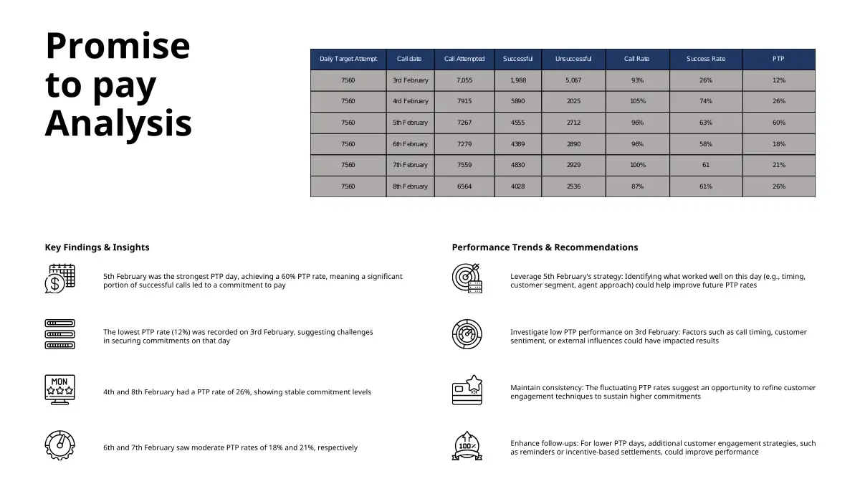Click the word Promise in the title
pos(118,46)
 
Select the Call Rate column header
pos(637,59)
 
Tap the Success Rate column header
pos(705,59)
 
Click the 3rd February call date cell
pos(410,80)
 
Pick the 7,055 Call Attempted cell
pos(464,80)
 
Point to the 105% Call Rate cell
pos(637,101)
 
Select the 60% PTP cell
pos(778,123)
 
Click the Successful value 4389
pos(517,144)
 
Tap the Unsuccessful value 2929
pos(573,165)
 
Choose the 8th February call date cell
pos(410,186)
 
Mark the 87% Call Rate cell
pos(637,186)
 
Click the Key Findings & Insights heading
pos(97,247)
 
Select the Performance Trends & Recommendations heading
pos(545,247)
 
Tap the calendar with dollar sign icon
pos(59,278)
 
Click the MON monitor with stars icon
pos(59,389)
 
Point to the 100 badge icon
pos(467,445)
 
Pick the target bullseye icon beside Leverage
pos(467,278)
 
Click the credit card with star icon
pos(467,390)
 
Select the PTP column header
pos(778,59)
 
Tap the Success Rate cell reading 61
pos(705,165)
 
